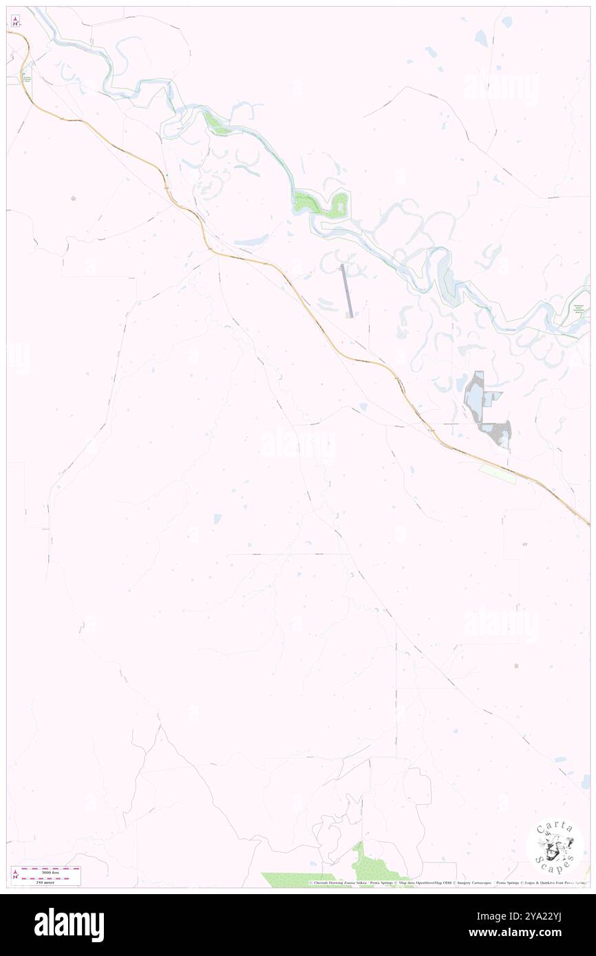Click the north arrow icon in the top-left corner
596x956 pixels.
[x=15, y=21]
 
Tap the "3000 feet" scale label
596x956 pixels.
[x=45, y=872]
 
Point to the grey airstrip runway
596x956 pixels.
[x=347, y=291]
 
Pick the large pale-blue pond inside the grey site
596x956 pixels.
[x=475, y=393]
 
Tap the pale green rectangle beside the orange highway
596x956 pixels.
[x=497, y=473]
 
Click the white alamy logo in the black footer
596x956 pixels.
[x=69, y=925]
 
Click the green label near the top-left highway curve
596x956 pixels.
[x=27, y=80]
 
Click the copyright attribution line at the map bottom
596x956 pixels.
[x=447, y=883]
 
